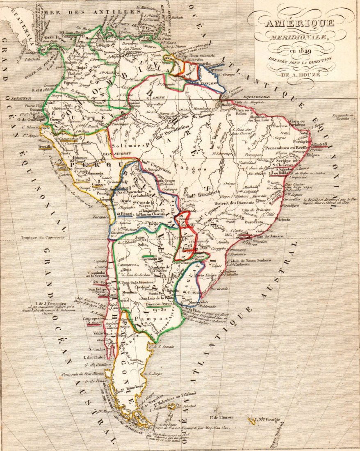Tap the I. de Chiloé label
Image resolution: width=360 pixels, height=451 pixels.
(95, 357)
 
